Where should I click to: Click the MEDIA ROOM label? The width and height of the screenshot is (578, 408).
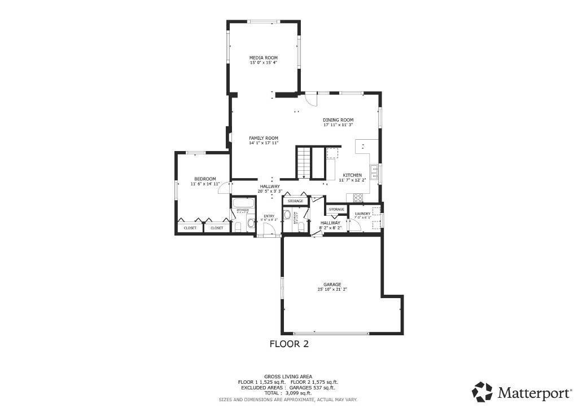(264, 57)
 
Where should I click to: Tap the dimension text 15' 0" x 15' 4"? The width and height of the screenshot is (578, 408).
(264, 63)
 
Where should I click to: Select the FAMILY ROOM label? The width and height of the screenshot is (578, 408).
(264, 138)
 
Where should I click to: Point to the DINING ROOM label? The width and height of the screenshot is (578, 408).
(338, 120)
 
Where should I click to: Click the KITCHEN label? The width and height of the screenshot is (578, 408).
(352, 175)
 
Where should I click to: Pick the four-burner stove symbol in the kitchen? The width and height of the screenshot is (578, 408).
(358, 197)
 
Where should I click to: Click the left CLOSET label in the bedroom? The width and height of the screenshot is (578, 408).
(190, 228)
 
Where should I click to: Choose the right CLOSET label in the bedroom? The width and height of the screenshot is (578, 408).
(217, 228)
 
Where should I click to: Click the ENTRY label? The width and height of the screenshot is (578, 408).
(269, 216)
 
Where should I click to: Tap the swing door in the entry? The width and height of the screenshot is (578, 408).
(270, 229)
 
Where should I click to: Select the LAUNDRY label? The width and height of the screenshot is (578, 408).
(362, 214)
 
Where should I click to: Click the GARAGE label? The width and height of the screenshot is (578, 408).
(332, 285)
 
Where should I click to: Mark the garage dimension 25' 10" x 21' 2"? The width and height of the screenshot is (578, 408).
(332, 290)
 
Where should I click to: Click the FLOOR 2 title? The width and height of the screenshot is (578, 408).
(288, 343)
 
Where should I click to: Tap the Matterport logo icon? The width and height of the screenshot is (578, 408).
(482, 392)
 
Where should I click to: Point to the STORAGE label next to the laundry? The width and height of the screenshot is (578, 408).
(336, 210)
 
